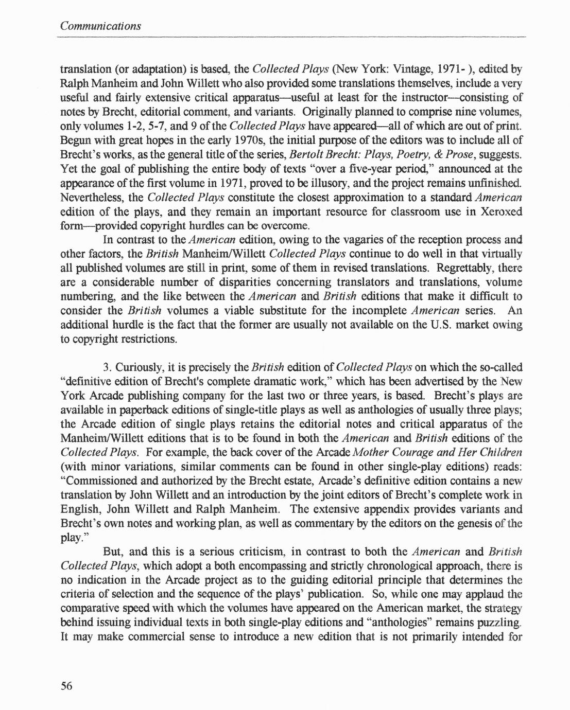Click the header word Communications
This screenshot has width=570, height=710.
point(100,25)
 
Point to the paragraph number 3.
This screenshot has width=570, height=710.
point(107,368)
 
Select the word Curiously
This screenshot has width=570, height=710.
point(138,368)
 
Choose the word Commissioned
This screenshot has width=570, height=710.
point(110,481)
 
